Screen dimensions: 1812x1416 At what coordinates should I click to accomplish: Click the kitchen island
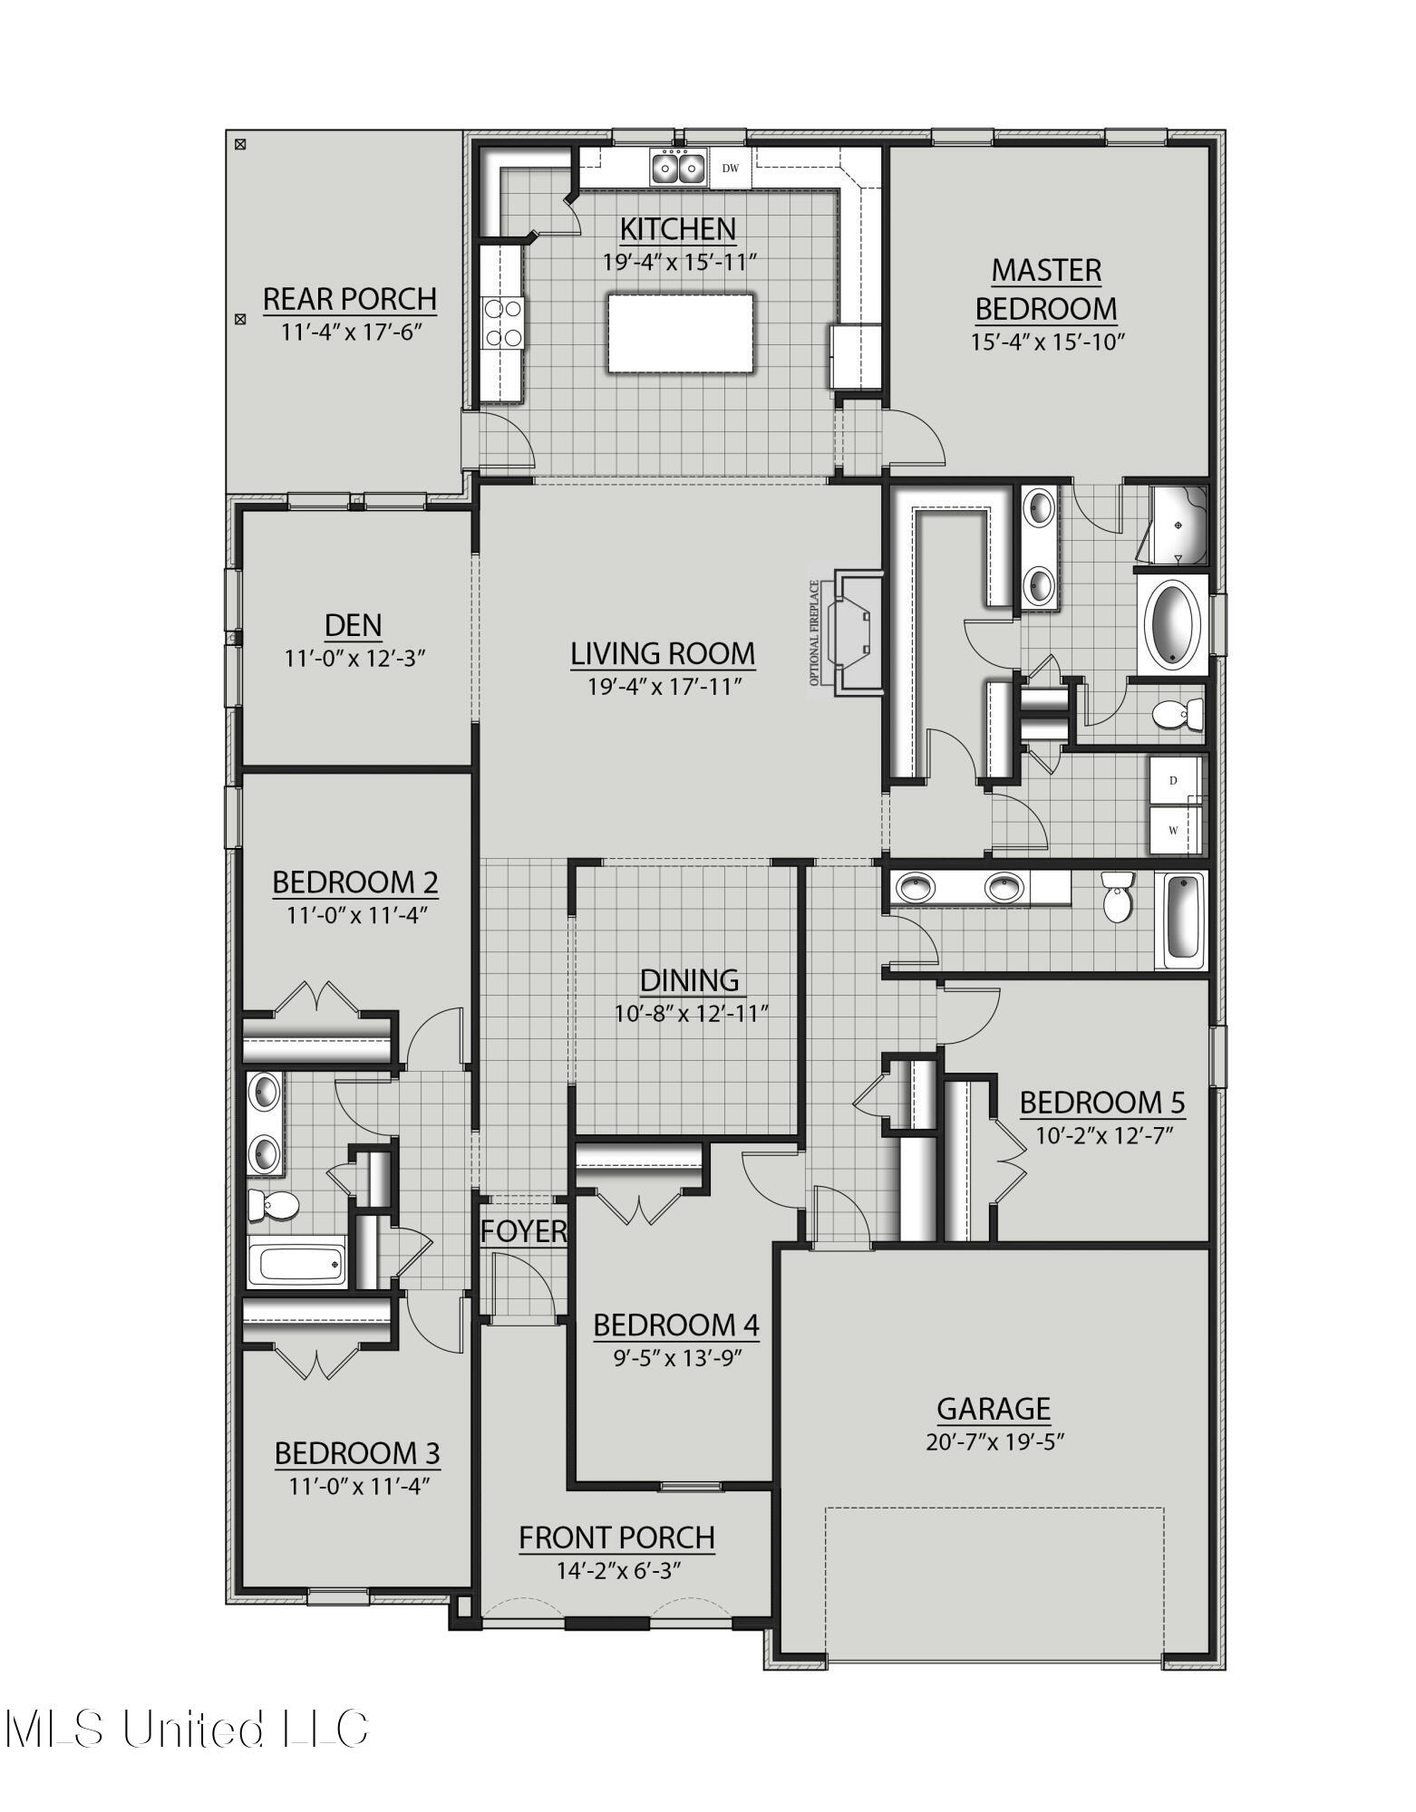681,333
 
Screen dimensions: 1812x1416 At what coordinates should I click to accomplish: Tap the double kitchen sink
678,168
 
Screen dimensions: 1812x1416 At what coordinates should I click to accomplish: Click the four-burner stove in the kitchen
504,323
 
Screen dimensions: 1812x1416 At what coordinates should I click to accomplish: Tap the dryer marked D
1174,781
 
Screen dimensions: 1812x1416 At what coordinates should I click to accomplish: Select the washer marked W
1174,831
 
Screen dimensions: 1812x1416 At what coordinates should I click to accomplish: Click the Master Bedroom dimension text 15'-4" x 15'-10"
1045,342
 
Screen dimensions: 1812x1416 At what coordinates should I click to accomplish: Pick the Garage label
994,1409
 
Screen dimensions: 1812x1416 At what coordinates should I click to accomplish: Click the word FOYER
523,1231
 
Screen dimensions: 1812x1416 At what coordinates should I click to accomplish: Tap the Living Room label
663,653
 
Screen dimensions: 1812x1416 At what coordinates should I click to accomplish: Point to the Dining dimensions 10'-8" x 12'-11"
692,1014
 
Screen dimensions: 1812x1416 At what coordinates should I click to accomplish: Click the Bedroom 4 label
675,1325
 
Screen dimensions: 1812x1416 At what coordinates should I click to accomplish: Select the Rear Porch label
350,298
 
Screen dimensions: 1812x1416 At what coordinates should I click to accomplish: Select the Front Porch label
616,1537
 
